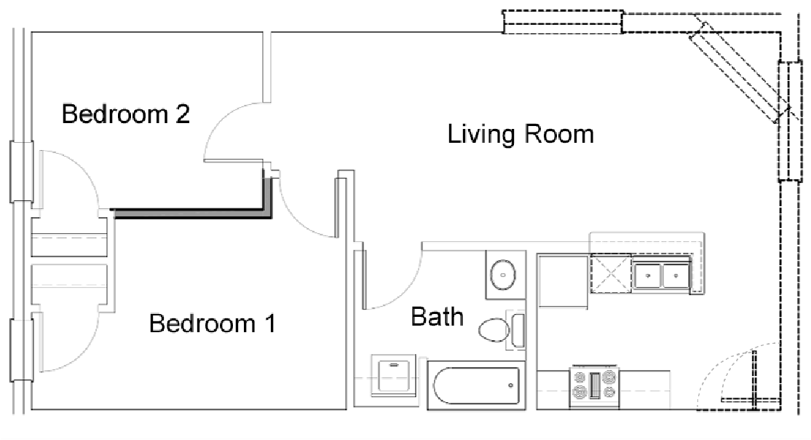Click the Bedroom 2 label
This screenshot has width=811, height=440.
click(126, 115)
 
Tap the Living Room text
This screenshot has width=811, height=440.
click(521, 134)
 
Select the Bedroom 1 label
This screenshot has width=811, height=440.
click(212, 323)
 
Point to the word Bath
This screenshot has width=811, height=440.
click(437, 317)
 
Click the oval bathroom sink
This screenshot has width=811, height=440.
click(504, 275)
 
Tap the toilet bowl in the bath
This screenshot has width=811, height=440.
click(494, 331)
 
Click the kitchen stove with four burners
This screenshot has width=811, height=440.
click(594, 385)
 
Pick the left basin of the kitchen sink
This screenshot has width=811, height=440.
click(646, 276)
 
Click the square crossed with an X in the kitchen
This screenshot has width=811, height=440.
click(610, 273)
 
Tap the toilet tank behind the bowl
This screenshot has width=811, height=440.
click(518, 330)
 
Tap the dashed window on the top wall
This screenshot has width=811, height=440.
click(563, 22)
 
